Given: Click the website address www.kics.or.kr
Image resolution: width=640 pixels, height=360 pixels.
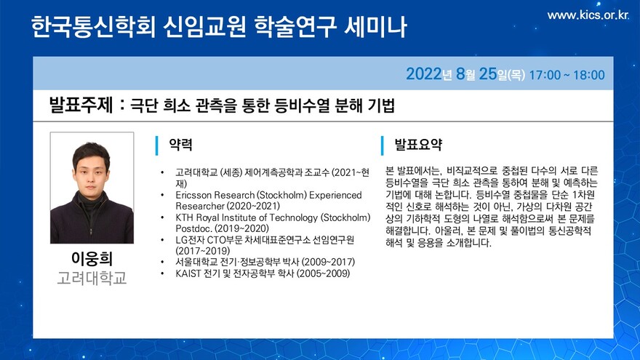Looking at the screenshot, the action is (x=588, y=15).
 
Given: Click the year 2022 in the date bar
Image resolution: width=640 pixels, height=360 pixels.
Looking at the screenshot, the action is (x=424, y=74).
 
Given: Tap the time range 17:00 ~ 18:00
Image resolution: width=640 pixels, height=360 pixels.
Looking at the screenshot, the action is (x=567, y=75).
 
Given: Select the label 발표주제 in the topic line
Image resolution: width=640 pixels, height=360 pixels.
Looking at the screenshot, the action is (x=81, y=105).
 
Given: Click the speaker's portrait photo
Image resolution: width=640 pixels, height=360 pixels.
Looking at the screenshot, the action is (x=92, y=188).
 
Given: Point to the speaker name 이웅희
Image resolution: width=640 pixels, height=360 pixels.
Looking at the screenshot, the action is (x=92, y=258).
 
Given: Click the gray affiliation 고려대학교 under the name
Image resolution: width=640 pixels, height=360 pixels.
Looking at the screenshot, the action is (x=92, y=279).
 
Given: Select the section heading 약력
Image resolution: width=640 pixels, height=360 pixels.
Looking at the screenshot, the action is (x=180, y=145).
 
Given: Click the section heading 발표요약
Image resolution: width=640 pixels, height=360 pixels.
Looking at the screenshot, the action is (x=418, y=145).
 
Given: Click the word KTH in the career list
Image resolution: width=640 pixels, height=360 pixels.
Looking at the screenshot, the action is (x=184, y=217).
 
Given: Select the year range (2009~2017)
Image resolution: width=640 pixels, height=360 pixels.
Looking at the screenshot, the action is (x=328, y=262).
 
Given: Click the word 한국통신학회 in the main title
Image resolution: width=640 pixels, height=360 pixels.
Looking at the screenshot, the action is (x=93, y=27).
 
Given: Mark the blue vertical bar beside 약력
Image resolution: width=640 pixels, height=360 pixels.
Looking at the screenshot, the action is (x=157, y=145).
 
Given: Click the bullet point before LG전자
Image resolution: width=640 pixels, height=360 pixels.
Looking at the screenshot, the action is (x=162, y=240).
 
